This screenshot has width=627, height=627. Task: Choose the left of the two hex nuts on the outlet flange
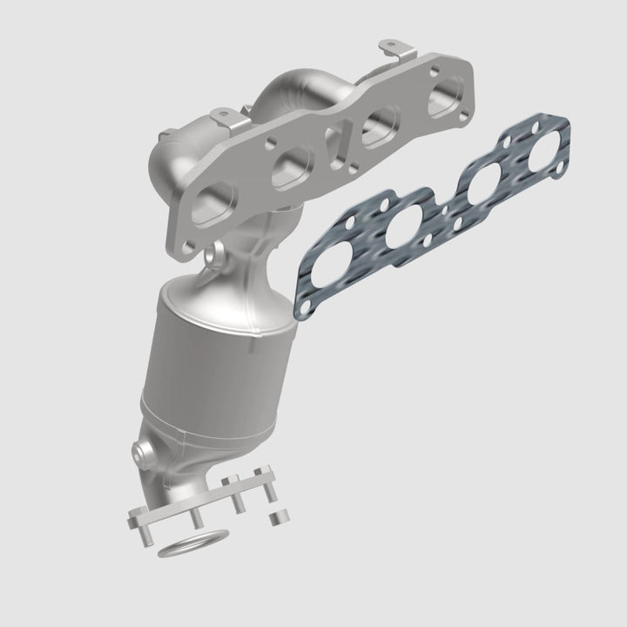pos(227,481)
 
